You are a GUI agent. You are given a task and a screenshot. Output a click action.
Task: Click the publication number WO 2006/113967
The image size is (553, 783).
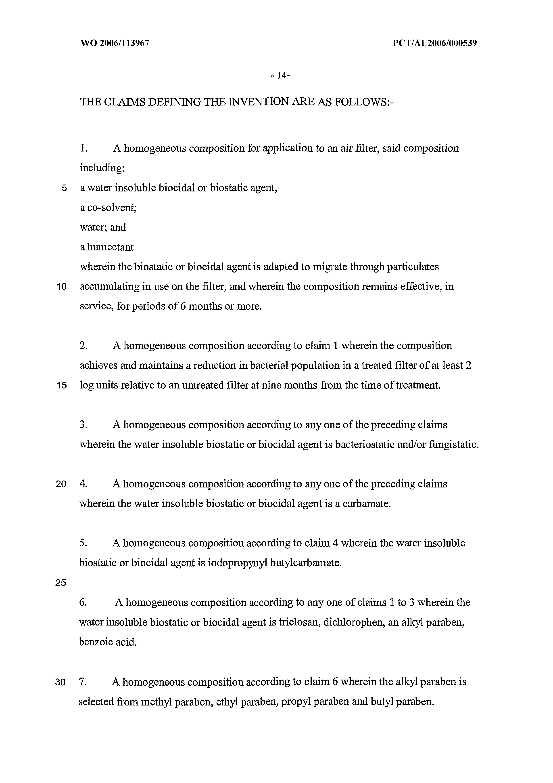(115, 43)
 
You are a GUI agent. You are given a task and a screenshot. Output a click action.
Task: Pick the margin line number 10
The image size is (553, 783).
(62, 287)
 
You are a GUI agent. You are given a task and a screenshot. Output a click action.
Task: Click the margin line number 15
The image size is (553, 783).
(62, 386)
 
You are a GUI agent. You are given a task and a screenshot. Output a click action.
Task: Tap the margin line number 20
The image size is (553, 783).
(61, 484)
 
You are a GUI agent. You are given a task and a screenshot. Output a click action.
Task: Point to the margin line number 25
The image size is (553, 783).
(61, 583)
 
